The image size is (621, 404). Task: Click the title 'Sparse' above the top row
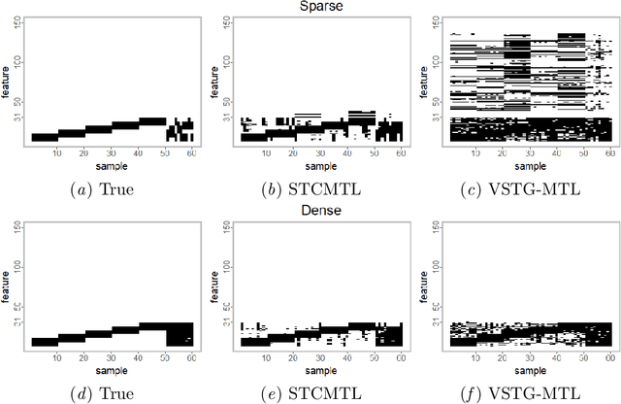coord(310,7)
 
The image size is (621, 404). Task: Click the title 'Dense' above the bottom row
coord(310,209)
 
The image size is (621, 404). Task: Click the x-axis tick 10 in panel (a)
coord(56,153)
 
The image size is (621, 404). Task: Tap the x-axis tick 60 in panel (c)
coord(609,153)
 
